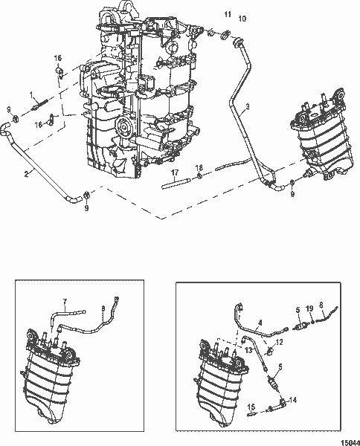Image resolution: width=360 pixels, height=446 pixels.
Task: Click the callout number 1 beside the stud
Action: (32, 94)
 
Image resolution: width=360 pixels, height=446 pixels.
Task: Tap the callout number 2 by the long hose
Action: (25, 174)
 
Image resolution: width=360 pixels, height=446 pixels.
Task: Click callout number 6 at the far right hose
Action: (320, 305)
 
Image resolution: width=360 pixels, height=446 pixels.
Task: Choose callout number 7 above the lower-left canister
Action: (65, 303)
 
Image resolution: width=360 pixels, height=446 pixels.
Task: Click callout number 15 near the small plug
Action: (251, 407)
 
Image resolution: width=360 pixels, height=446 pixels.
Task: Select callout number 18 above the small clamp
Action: (199, 169)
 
